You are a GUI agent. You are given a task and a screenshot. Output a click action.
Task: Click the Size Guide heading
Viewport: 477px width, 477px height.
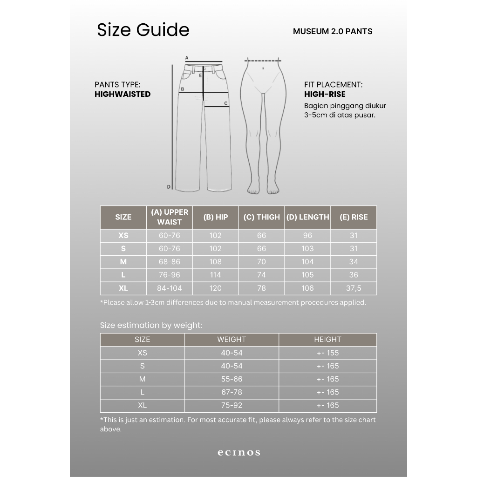coord(143,30)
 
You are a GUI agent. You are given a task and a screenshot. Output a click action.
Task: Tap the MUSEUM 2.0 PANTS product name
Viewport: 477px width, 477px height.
coord(333,32)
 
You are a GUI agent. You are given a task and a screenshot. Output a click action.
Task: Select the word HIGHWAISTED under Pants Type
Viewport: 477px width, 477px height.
coord(123,94)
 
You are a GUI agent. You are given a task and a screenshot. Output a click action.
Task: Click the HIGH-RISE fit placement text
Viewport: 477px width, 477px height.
coord(325,95)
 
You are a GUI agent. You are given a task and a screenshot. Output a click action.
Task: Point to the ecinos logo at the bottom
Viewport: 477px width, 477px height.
coord(238,452)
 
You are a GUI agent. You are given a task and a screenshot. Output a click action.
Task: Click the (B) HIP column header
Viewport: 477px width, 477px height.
coord(216,217)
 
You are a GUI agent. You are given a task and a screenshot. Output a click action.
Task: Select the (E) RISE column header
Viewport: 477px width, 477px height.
coord(354,217)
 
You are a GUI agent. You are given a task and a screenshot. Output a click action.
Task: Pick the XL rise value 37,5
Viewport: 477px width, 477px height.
coord(354,288)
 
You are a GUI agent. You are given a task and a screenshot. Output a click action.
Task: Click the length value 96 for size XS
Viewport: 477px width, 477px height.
coord(307,236)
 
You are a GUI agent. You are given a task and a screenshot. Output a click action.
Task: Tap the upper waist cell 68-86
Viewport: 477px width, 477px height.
coord(169,262)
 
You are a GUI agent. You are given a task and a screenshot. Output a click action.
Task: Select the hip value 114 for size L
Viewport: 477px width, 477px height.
coord(216,275)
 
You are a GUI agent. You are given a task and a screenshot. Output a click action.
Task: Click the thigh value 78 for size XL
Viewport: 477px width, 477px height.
coord(261,288)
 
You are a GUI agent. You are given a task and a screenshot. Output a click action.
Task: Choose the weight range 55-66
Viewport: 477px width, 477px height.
coord(232,379)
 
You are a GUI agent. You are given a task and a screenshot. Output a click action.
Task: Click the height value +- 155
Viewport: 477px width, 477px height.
coord(327,353)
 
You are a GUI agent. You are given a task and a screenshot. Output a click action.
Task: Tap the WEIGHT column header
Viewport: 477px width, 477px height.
coord(232,340)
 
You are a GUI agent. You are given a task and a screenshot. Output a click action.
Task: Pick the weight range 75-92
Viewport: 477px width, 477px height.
coord(232,405)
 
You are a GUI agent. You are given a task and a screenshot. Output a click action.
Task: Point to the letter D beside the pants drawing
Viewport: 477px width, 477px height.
coord(169,187)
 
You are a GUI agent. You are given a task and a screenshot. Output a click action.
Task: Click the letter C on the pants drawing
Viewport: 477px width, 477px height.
coord(226,103)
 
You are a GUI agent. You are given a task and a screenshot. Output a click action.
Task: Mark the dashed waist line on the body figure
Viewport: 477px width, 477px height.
coord(263,61)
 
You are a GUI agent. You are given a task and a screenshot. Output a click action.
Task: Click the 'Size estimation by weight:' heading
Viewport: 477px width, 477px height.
coord(151,326)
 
